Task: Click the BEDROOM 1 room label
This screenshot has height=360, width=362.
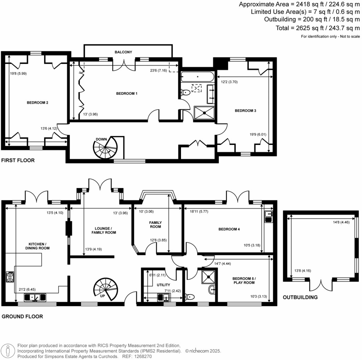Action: point(127,94)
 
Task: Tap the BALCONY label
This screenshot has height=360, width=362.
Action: point(123,52)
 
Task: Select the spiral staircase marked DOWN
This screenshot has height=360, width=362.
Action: point(105,148)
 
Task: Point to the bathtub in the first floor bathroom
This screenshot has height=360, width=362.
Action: point(197,77)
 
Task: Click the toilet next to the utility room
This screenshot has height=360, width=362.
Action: point(190,297)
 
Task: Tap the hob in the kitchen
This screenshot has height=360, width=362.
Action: point(10,277)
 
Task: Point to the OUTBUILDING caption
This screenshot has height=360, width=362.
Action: point(300,297)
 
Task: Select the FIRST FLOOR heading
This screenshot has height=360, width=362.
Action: point(18,161)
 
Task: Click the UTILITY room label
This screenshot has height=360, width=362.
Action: point(163,285)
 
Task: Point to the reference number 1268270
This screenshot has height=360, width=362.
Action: point(144,357)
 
